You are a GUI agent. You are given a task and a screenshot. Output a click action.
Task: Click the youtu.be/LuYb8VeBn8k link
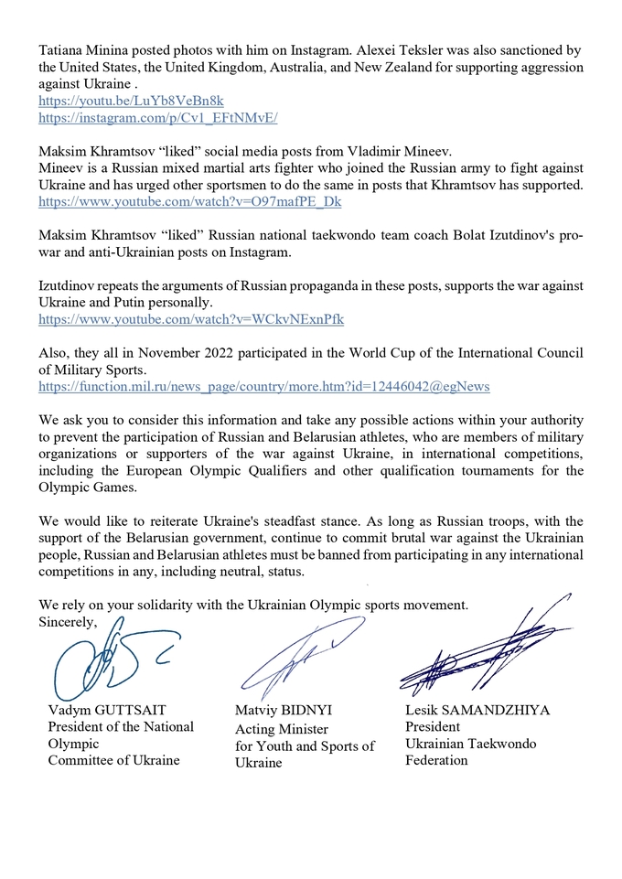pyautogui.click(x=131, y=102)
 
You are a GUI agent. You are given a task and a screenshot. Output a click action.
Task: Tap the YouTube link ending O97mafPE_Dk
pyautogui.click(x=189, y=202)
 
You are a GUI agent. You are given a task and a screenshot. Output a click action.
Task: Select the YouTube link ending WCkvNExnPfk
pyautogui.click(x=190, y=319)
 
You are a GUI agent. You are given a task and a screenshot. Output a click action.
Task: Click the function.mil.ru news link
pyautogui.click(x=263, y=387)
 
